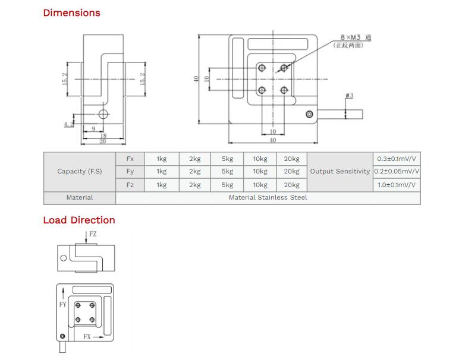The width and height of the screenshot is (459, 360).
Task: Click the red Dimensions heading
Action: (x=71, y=13)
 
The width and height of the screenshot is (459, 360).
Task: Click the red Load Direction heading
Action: (x=79, y=220)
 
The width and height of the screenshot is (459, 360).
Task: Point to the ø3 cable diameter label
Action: (x=349, y=96)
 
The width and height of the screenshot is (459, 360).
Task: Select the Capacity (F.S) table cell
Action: (x=80, y=172)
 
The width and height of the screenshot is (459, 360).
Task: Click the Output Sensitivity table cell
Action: (x=340, y=172)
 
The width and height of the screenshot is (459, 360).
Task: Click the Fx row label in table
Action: (x=130, y=159)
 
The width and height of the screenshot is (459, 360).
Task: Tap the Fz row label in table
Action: (x=130, y=185)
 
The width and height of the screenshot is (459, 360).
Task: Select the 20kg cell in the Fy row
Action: (x=291, y=172)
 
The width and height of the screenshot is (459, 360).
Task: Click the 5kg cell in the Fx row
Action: (x=227, y=159)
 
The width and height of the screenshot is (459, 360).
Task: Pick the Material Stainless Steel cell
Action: (x=268, y=197)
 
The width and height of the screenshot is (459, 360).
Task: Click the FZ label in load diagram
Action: (x=92, y=235)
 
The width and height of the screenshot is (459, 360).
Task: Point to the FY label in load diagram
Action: (x=63, y=304)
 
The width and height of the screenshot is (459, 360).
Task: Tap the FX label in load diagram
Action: (x=87, y=337)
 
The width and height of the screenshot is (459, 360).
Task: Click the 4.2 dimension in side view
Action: (x=66, y=124)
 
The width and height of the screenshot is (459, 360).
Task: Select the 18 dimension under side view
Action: (x=102, y=136)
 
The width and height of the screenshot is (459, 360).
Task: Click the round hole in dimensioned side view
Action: (x=103, y=114)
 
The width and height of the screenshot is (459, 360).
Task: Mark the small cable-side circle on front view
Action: (x=309, y=114)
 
